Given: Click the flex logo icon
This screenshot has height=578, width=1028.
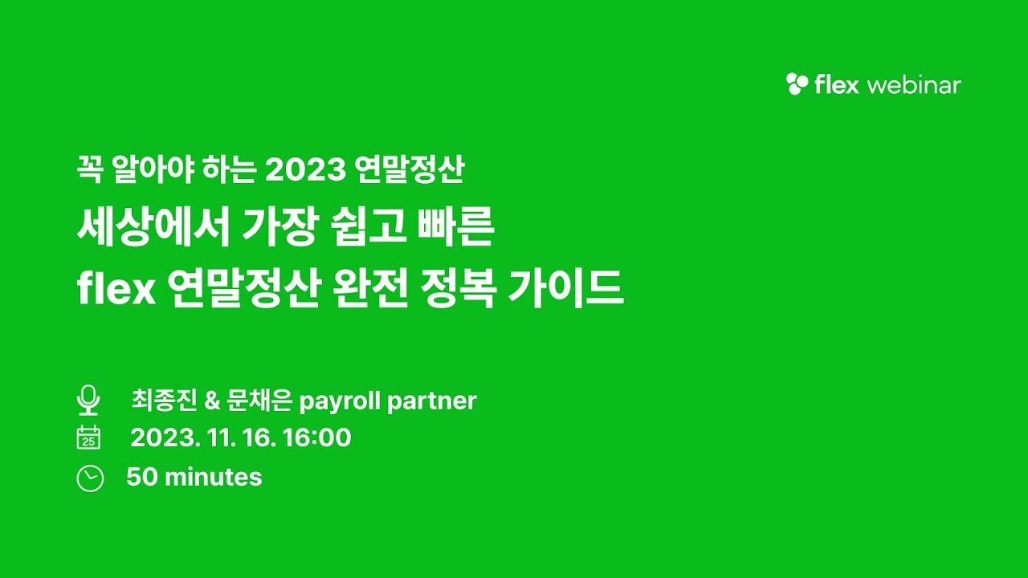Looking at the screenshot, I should point(798,84).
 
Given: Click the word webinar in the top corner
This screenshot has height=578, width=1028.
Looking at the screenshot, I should point(914,85).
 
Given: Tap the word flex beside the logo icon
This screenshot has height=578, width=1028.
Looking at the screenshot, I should point(837,85).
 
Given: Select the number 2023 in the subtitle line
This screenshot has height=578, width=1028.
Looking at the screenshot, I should point(305,170).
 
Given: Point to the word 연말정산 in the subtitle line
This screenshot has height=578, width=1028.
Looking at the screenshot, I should point(409,170).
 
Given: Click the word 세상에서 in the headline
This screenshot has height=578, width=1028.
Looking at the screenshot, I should point(152,229).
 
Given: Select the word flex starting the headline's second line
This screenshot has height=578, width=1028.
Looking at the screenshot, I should point(116,290).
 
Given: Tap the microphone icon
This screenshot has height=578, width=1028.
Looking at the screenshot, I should point(88,400).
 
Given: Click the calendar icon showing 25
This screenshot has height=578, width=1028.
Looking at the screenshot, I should point(88,438).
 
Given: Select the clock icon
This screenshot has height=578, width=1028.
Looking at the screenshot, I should point(90,478).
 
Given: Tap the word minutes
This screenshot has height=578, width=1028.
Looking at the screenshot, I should point(213,478).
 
